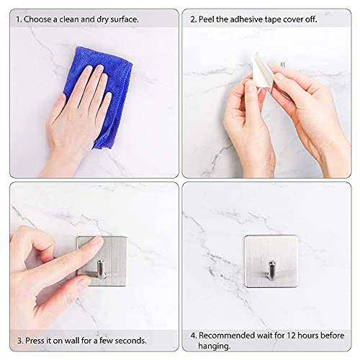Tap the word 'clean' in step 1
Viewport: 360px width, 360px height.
point(69,19)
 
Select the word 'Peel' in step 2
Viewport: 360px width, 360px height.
point(207,19)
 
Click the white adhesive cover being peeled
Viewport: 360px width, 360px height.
point(261,72)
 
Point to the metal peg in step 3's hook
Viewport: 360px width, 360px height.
point(102,269)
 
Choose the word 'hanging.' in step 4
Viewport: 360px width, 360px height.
point(215,346)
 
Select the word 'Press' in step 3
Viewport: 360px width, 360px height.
point(35,341)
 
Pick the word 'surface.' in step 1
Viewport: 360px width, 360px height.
point(125,19)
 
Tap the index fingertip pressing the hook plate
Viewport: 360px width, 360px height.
point(98,240)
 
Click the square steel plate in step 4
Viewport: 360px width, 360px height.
point(271,261)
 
